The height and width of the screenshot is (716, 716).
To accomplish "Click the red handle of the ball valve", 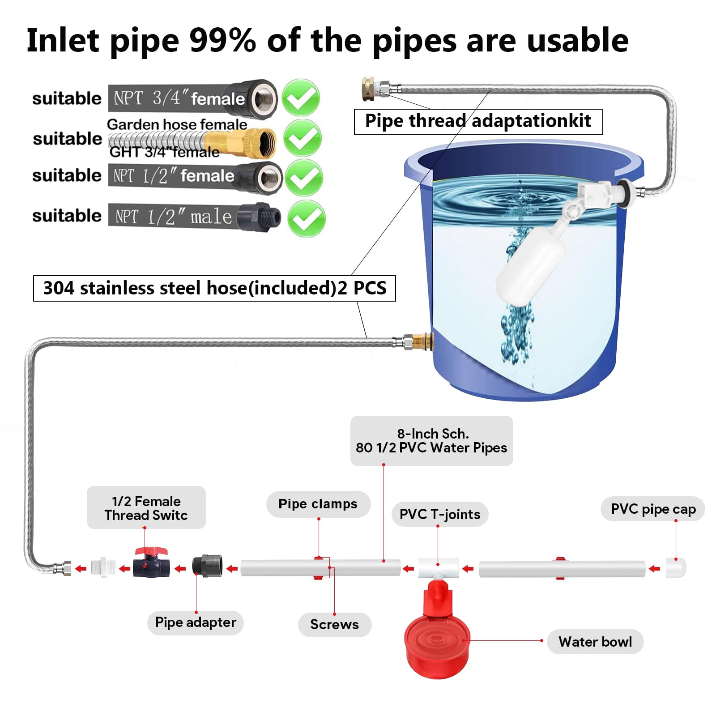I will click(151, 551).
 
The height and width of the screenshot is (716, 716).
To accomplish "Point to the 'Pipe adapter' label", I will click(196, 622).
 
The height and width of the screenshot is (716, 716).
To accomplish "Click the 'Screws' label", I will click(334, 624).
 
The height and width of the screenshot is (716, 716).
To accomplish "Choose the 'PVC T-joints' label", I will click(439, 514).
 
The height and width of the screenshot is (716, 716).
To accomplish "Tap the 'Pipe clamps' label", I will click(318, 504).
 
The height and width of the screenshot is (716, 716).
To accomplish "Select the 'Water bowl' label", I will click(595, 642).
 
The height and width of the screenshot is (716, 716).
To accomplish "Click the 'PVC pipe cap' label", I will click(653, 509).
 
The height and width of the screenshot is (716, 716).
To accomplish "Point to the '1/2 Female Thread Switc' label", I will click(146, 508).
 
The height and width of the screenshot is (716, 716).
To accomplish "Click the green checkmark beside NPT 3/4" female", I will click(301, 98).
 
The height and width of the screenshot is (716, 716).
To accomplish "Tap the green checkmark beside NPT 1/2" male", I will click(306, 218).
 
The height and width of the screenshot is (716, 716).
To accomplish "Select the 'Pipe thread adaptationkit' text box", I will click(478, 121).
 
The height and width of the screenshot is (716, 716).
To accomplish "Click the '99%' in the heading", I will click(222, 41).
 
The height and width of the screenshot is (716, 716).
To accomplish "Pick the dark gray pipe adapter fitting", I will click(207, 566).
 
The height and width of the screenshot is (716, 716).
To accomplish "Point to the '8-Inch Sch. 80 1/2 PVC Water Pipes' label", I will click(431, 441).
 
